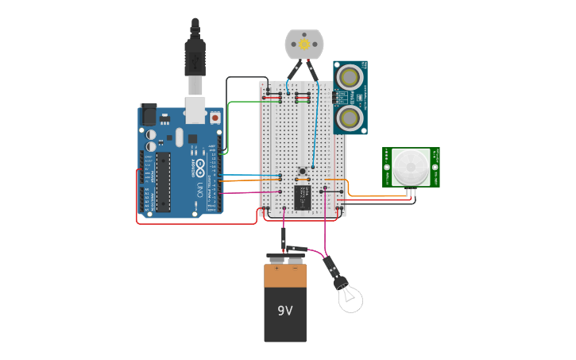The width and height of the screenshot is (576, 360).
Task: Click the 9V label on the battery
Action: pos(285,311)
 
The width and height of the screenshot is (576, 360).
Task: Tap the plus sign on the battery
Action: pos(276,268)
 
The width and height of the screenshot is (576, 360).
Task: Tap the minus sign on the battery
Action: pos(294,268)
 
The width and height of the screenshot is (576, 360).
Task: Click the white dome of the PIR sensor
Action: pos(410,168)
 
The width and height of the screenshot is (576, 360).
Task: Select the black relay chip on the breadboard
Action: pos(303,196)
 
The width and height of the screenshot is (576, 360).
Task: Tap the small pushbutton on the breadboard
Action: pos(303,171)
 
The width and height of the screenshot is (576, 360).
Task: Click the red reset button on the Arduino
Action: pos(215,117)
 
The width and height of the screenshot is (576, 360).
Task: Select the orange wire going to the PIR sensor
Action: pos(373,195)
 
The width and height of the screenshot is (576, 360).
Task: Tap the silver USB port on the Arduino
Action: pos(195,110)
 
